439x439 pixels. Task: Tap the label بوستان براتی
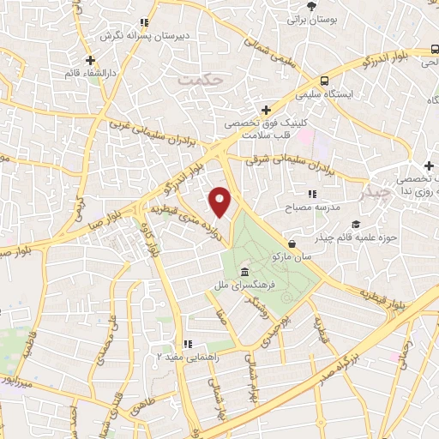pos(307,17)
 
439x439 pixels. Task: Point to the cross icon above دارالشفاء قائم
pos(90,61)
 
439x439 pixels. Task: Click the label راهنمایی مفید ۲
pos(183,356)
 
